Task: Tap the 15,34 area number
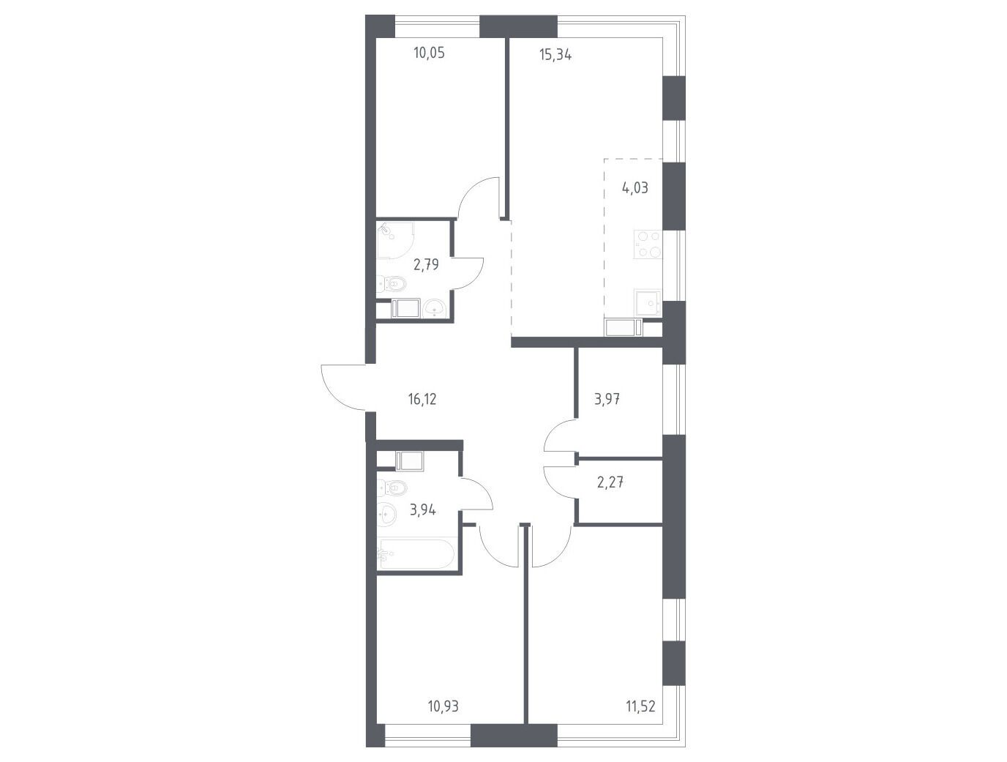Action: pyautogui.click(x=555, y=55)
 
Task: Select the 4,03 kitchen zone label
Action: pyautogui.click(x=635, y=187)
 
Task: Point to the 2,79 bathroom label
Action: pyautogui.click(x=105, y=265)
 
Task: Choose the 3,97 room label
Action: pyautogui.click(x=607, y=400)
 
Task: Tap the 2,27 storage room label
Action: pyautogui.click(x=610, y=482)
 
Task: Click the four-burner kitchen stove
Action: pyautogui.click(x=648, y=244)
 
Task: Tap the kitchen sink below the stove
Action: pyautogui.click(x=648, y=303)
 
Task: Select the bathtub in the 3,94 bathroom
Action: pyautogui.click(x=416, y=554)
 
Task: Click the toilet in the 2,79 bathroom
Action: pyautogui.click(x=392, y=285)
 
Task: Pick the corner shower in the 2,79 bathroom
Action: pyautogui.click(x=395, y=240)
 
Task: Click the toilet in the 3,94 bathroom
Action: pyautogui.click(x=392, y=488)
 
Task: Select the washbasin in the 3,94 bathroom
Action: pyautogui.click(x=386, y=515)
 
